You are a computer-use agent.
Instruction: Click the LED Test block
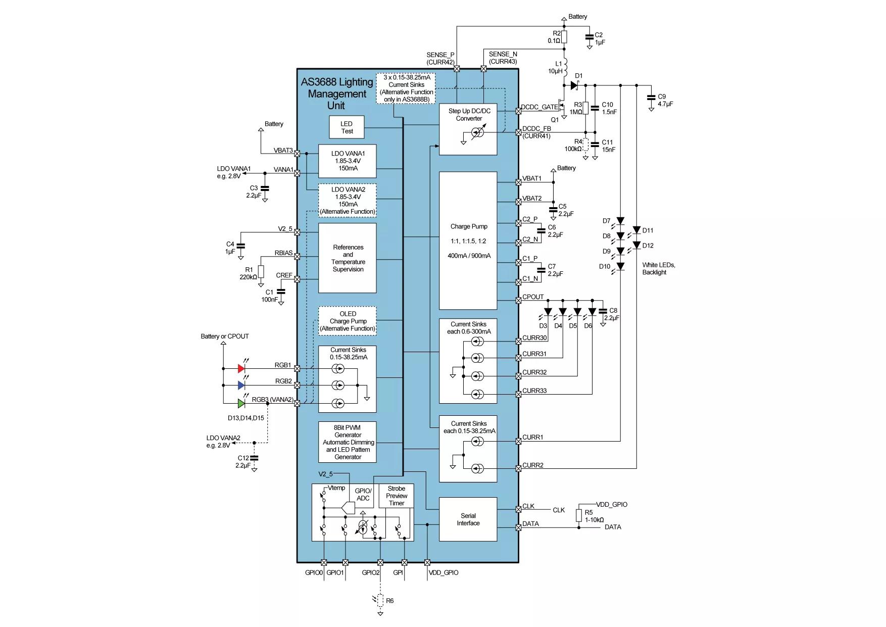[x=347, y=127]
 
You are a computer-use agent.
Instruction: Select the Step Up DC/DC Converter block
[x=468, y=129]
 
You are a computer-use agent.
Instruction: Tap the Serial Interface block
[x=468, y=519]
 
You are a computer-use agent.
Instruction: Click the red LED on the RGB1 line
[x=241, y=368]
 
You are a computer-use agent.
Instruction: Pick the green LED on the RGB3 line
[x=241, y=403]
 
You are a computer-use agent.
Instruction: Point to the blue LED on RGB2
[x=241, y=385]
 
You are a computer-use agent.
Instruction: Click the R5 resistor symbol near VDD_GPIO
[x=579, y=515]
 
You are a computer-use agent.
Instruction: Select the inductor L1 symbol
[x=564, y=68]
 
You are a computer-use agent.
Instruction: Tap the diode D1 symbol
[x=574, y=85]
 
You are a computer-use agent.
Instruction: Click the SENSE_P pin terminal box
[x=457, y=68]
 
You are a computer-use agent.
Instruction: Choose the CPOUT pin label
[x=533, y=297]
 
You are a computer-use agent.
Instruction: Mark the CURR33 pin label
[x=534, y=391]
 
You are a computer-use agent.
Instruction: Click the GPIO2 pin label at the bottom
[x=371, y=572]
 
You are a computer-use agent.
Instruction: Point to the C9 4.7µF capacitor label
[x=665, y=100]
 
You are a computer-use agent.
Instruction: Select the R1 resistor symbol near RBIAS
[x=261, y=272]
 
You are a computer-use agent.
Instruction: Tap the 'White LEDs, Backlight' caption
[x=659, y=268]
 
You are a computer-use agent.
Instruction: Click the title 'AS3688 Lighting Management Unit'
[x=336, y=94]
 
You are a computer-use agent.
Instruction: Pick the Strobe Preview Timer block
[x=397, y=496]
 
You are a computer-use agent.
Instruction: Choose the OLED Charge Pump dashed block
[x=348, y=321]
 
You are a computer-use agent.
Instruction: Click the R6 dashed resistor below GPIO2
[x=380, y=601]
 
